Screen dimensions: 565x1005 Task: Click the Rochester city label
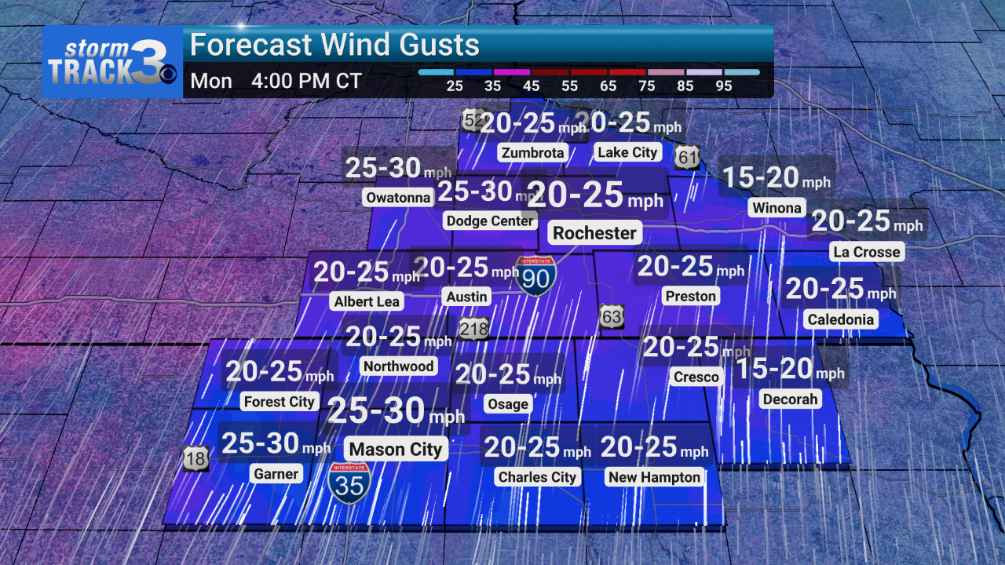click(594, 233)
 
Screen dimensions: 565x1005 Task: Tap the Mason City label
click(396, 450)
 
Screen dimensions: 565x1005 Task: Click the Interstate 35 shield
click(350, 483)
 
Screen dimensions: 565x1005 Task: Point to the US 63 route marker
click(612, 317)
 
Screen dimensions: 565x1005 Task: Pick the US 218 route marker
click(473, 328)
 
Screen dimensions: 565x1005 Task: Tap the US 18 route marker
click(196, 459)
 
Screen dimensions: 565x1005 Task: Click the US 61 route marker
click(687, 158)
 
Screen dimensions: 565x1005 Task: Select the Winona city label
click(776, 208)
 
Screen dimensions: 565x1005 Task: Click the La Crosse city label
click(866, 252)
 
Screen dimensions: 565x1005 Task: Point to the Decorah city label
click(790, 399)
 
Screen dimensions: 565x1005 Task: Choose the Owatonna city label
click(398, 198)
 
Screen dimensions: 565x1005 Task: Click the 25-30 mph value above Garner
click(276, 444)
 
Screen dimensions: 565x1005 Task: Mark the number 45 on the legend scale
click(532, 86)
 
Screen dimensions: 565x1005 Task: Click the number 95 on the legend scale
click(724, 86)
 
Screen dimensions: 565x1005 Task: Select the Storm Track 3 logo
click(112, 62)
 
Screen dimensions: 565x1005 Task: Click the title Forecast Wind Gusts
click(334, 46)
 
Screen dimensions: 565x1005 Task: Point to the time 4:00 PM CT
click(306, 82)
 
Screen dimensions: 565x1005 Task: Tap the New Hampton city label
click(654, 477)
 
